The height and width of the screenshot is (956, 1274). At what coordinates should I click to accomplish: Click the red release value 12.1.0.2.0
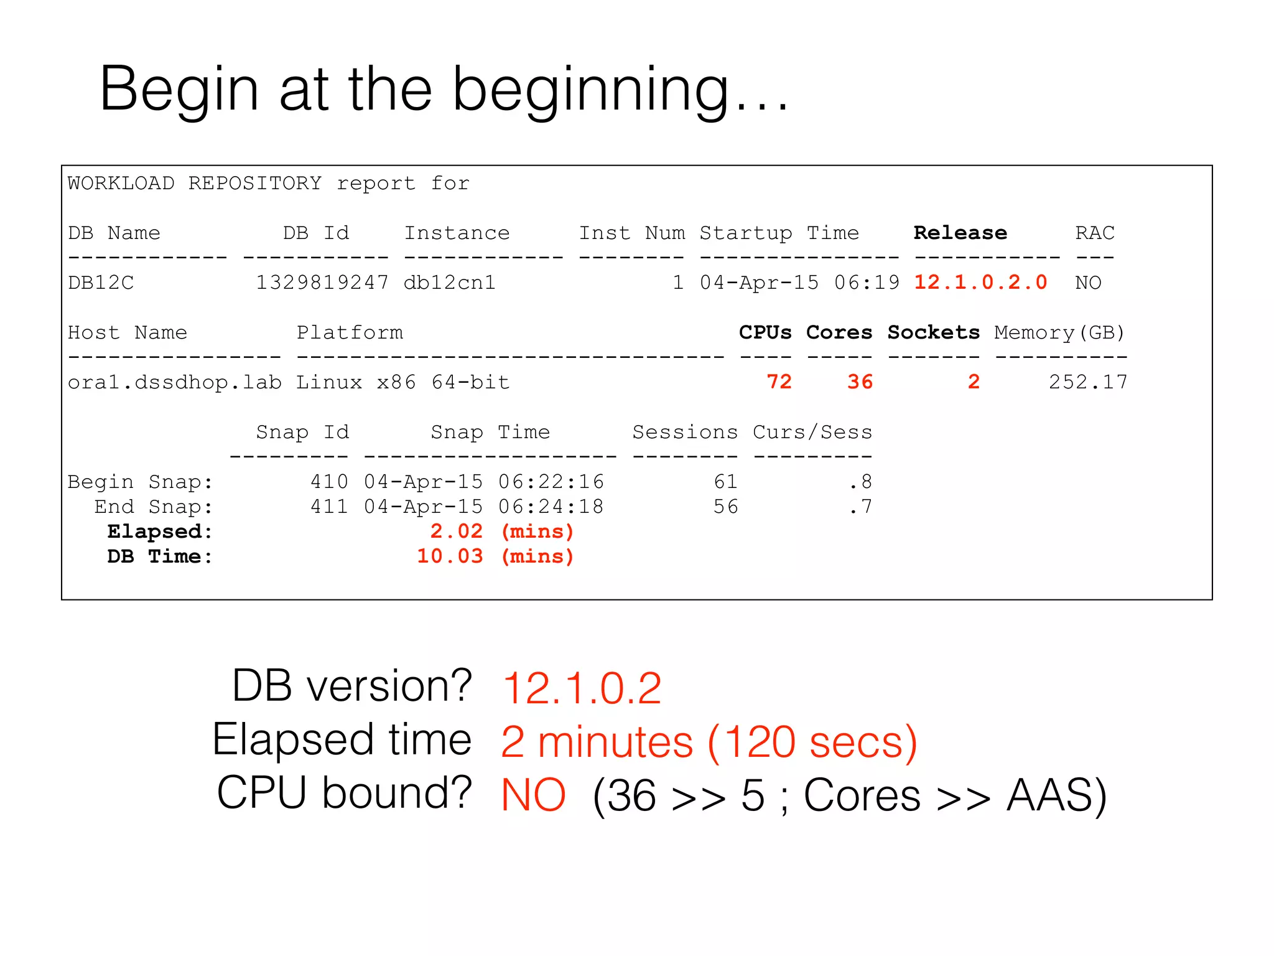coord(980,283)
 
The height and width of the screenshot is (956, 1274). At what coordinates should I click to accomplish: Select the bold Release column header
coord(960,233)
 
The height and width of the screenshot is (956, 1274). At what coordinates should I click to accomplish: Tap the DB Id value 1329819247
coord(322,283)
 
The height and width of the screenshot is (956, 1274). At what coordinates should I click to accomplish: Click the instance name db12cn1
coord(450,283)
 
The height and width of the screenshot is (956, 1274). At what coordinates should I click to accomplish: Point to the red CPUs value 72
coord(779,382)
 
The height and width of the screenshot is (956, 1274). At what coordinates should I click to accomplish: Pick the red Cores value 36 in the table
coord(860,382)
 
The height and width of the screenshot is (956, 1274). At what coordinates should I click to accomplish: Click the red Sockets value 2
coord(974,382)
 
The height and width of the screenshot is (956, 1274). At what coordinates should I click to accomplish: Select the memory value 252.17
coord(1088,382)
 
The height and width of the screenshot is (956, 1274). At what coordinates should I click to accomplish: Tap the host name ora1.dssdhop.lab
coord(174,382)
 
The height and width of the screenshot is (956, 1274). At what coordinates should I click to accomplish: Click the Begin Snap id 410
coord(329,481)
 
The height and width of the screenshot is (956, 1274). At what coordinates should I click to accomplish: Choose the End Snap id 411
coord(329,506)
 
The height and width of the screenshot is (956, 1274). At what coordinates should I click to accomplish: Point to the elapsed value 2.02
coord(457,531)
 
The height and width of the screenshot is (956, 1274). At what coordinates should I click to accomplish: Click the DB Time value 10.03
coord(450,556)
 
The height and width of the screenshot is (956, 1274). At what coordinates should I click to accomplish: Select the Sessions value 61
coord(725,481)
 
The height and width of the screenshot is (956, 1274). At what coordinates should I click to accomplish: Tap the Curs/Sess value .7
coord(860,506)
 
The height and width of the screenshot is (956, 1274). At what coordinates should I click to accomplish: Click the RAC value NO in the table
coord(1088,283)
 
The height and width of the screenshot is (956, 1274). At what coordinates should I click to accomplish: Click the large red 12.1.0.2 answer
coord(582,688)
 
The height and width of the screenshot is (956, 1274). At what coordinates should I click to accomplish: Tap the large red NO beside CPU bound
coord(533,795)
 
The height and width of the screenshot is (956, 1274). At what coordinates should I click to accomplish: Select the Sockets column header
coord(933,332)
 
